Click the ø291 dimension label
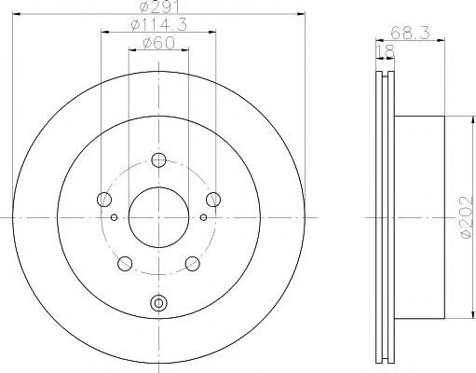coord(159,7)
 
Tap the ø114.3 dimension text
coord(159,24)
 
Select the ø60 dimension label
coord(158,43)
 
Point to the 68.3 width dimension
coord(410,33)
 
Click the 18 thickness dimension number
coord(385,51)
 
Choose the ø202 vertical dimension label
coord(467,217)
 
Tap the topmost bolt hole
coord(158,160)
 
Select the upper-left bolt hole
coord(104,200)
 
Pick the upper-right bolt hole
coord(213,199)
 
